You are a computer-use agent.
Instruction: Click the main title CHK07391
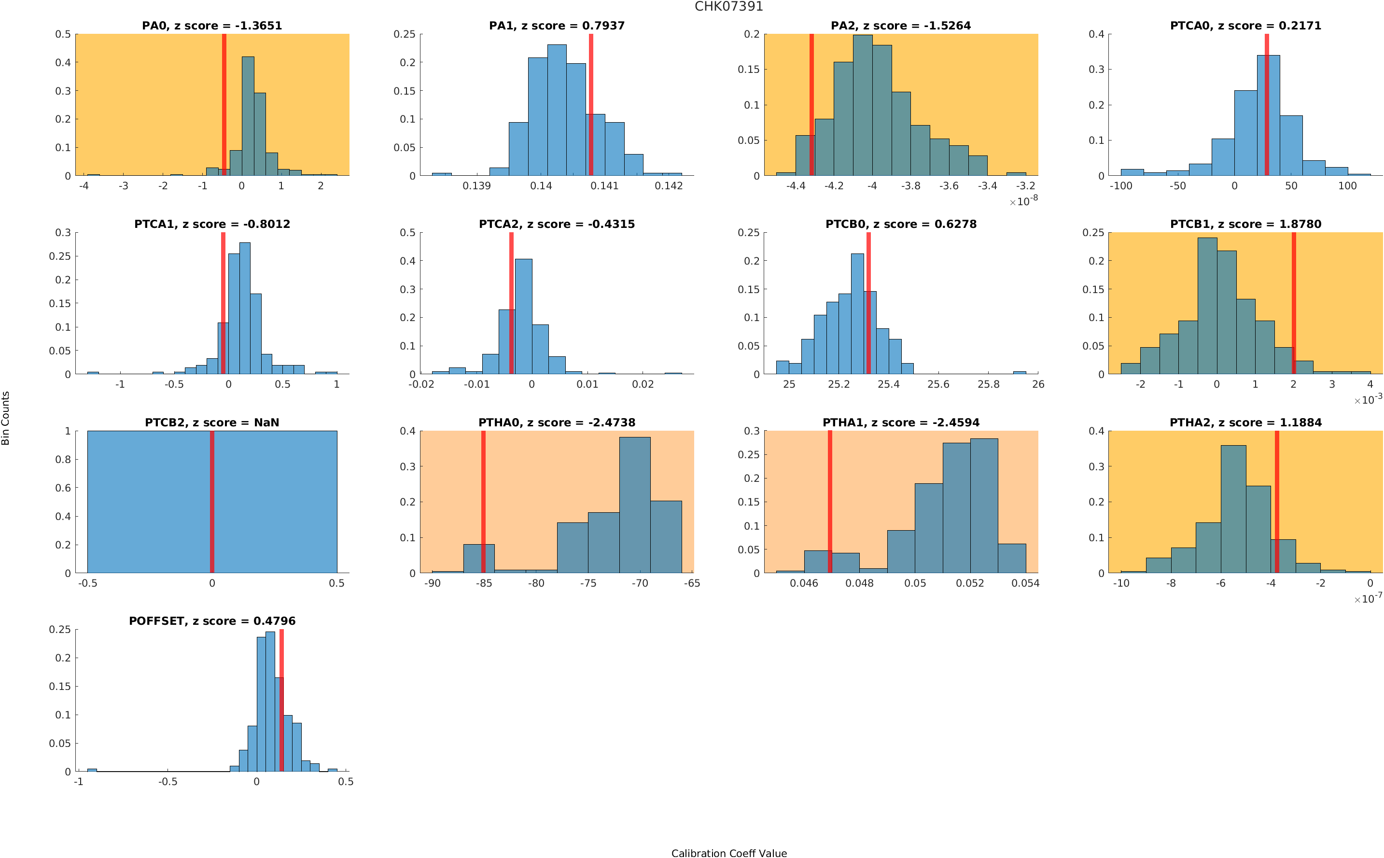(x=728, y=6)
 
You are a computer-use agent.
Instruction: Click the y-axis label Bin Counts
(x=6, y=418)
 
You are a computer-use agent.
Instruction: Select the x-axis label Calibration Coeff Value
(x=728, y=852)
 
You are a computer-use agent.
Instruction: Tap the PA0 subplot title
(x=211, y=26)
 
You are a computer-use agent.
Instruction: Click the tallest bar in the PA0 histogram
(x=248, y=116)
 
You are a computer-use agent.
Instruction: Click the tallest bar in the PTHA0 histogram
(x=634, y=505)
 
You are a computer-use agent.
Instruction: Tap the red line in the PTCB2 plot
(x=212, y=502)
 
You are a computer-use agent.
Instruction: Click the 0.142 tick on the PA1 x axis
(x=668, y=186)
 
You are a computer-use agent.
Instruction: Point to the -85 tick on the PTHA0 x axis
(x=484, y=583)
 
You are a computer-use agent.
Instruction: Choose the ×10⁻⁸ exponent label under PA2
(x=1023, y=201)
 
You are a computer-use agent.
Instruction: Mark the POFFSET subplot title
(x=212, y=621)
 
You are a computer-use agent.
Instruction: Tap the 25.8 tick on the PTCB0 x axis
(x=988, y=385)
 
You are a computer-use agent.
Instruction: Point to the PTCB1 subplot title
(x=1245, y=224)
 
